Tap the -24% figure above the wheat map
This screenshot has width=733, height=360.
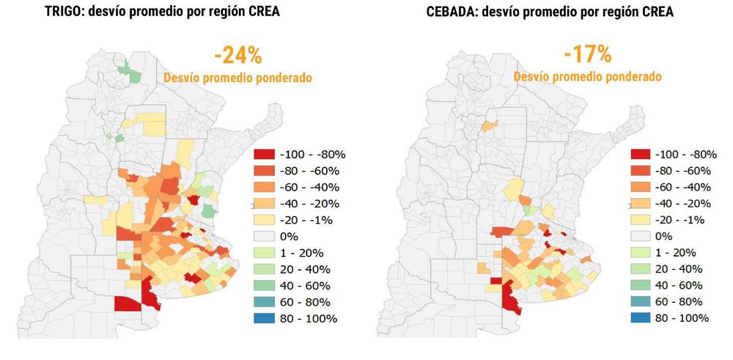[x=237, y=56]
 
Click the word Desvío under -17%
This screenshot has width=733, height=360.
[x=534, y=76]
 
